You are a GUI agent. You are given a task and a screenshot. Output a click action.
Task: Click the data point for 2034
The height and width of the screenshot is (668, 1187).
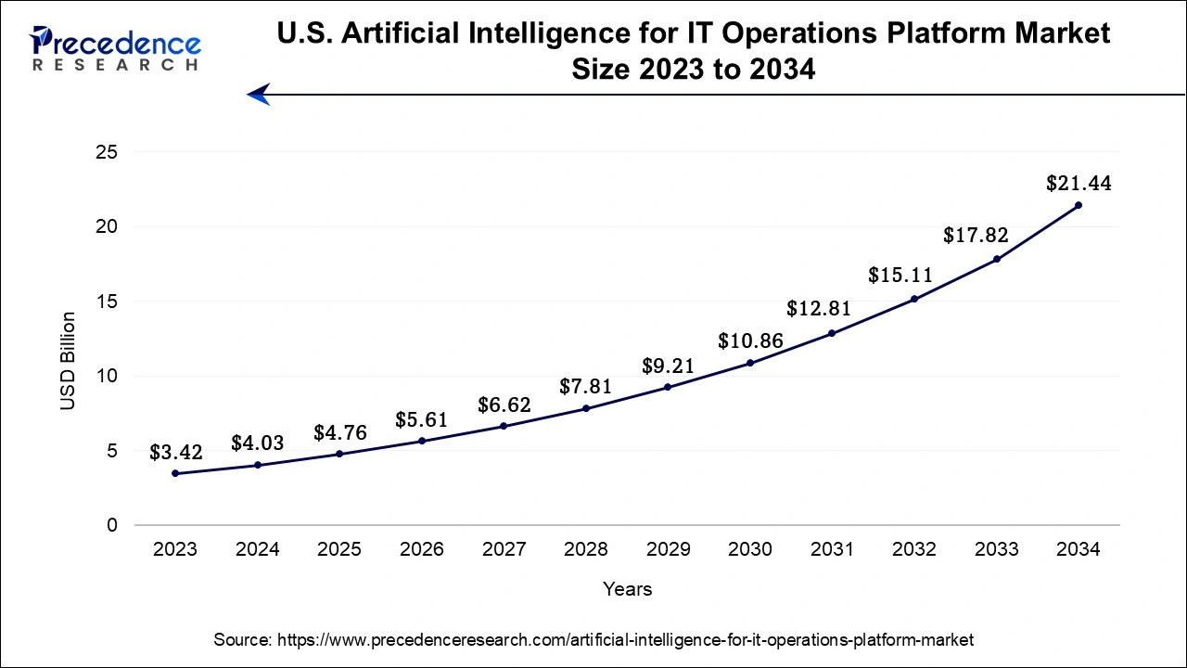(1079, 205)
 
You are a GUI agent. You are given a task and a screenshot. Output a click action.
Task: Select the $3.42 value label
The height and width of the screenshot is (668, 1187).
(175, 454)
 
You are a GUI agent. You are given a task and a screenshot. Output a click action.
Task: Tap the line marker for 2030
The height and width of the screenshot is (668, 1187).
(750, 363)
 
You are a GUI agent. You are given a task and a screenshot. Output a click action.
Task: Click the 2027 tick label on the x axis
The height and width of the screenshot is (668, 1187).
(504, 550)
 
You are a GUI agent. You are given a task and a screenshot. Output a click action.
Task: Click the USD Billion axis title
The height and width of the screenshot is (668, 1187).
(69, 362)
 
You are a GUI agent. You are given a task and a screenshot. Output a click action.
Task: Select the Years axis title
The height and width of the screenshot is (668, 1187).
(627, 589)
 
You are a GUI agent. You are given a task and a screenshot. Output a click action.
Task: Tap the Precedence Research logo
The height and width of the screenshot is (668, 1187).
(116, 48)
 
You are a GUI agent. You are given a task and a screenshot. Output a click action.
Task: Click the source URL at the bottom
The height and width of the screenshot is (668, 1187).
(593, 639)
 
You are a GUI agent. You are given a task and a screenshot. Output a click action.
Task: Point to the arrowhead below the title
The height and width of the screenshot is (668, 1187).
(259, 94)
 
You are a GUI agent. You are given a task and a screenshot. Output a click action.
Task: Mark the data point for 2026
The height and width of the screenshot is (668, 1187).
(422, 441)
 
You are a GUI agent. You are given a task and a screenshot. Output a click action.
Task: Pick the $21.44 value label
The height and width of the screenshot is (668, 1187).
(1079, 184)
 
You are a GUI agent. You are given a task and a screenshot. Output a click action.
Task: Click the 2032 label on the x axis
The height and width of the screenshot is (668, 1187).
(913, 550)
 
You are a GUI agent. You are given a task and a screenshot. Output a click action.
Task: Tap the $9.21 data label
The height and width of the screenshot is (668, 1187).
(669, 366)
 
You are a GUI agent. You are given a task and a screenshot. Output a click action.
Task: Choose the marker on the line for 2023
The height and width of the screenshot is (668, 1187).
(175, 474)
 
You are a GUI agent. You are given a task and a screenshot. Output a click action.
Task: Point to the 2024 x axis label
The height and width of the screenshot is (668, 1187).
(257, 550)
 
